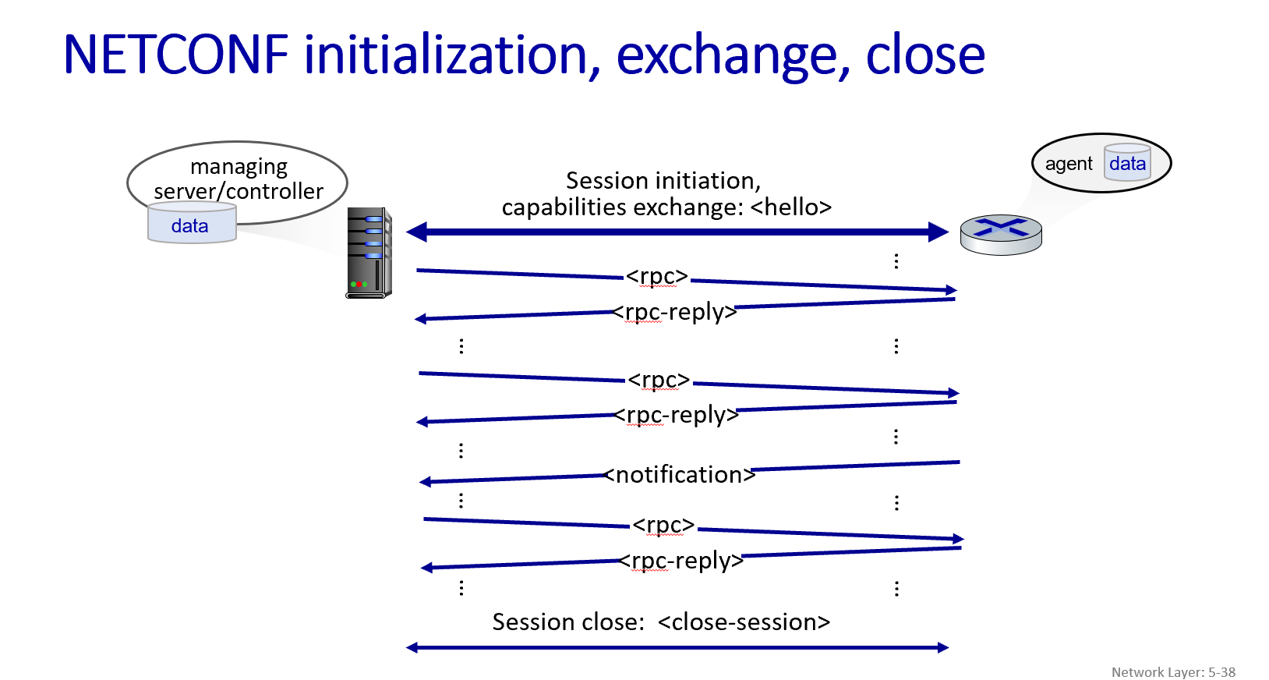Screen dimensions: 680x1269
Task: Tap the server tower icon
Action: [368, 252]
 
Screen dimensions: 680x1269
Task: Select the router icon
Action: [1000, 235]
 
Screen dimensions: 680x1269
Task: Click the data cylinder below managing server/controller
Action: [191, 225]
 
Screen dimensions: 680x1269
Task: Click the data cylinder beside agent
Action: [1127, 163]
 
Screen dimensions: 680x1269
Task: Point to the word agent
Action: [1068, 164]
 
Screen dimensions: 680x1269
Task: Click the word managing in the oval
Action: [239, 167]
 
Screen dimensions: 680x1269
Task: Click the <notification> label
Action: [680, 474]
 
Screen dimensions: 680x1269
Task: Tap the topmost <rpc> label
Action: [657, 276]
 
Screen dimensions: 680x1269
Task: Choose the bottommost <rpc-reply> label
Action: [681, 560]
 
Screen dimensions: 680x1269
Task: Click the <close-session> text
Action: [744, 622]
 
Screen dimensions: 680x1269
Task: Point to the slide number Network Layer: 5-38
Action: [1172, 671]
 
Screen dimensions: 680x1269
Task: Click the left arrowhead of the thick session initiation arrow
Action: [416, 232]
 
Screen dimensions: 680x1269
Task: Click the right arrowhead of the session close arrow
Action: [943, 647]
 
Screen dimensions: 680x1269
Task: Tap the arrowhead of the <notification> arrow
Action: [425, 482]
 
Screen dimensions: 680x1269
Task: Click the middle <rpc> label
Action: [659, 380]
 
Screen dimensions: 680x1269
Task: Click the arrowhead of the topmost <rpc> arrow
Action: [952, 290]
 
